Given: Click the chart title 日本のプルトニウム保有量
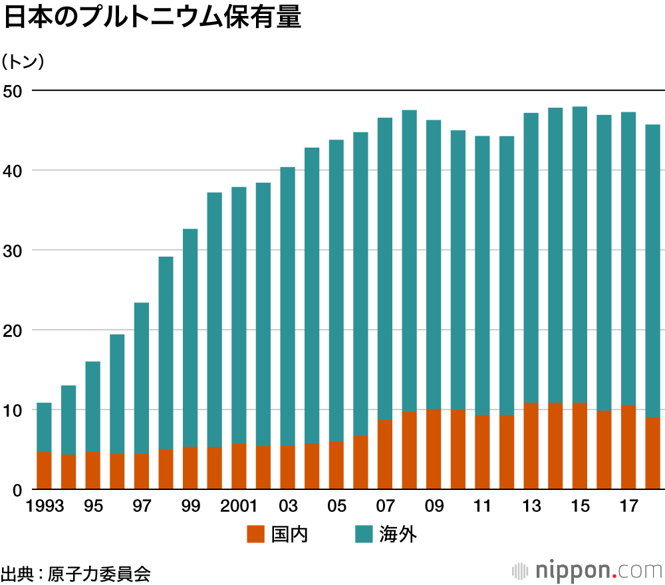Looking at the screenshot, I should coord(152,18).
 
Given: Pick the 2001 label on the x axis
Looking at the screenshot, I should coord(239,507).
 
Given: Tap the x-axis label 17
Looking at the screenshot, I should coord(628,507).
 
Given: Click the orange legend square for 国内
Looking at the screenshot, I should coord(255,534).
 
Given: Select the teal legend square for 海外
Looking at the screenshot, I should coord(363,534).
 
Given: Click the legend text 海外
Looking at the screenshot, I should coord(398,534).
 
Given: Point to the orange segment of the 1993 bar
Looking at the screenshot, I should coord(44,471).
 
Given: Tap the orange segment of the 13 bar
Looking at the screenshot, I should coord(531,446).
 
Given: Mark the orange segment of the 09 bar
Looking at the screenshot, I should coord(434,449).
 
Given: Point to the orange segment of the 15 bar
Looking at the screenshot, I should coord(579,446).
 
